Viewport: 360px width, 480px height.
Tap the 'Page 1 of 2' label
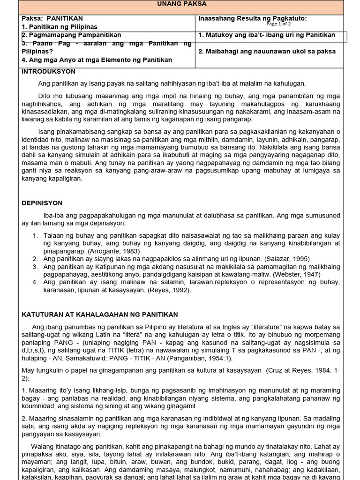278,23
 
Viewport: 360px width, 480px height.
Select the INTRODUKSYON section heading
49,72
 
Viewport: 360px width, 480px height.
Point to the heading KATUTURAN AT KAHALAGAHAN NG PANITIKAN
100,315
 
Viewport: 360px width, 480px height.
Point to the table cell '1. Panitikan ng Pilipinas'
60,27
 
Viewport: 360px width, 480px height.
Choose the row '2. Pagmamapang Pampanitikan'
71,35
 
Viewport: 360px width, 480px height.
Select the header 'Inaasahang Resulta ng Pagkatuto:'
252,18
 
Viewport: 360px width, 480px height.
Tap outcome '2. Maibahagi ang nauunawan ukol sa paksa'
267,52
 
